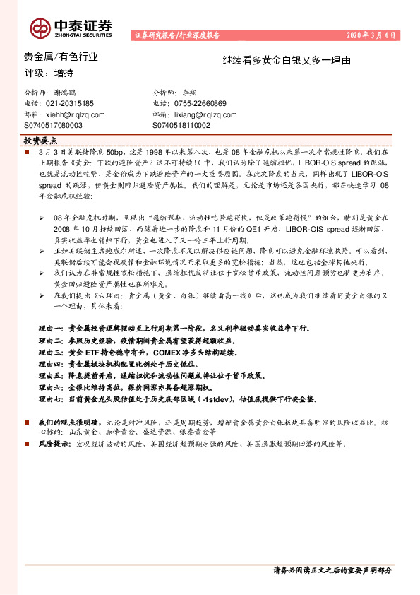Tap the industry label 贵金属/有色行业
point(61,57)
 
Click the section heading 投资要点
point(44,141)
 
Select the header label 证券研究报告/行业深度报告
point(176,35)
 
